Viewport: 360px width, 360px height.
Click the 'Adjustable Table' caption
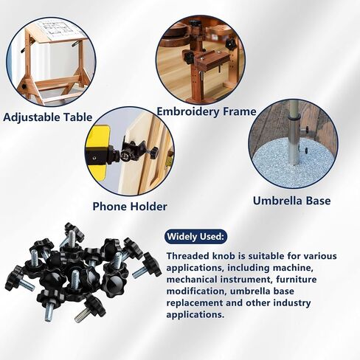(48, 117)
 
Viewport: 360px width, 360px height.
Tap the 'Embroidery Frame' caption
(207, 111)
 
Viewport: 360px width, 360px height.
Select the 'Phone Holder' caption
(130, 207)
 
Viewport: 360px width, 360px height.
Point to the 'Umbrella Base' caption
(291, 201)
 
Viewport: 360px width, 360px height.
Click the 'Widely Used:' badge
(195, 237)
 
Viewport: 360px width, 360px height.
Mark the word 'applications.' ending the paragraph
(195, 315)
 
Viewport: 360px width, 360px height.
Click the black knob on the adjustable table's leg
(24, 87)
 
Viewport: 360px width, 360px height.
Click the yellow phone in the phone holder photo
(98, 153)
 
